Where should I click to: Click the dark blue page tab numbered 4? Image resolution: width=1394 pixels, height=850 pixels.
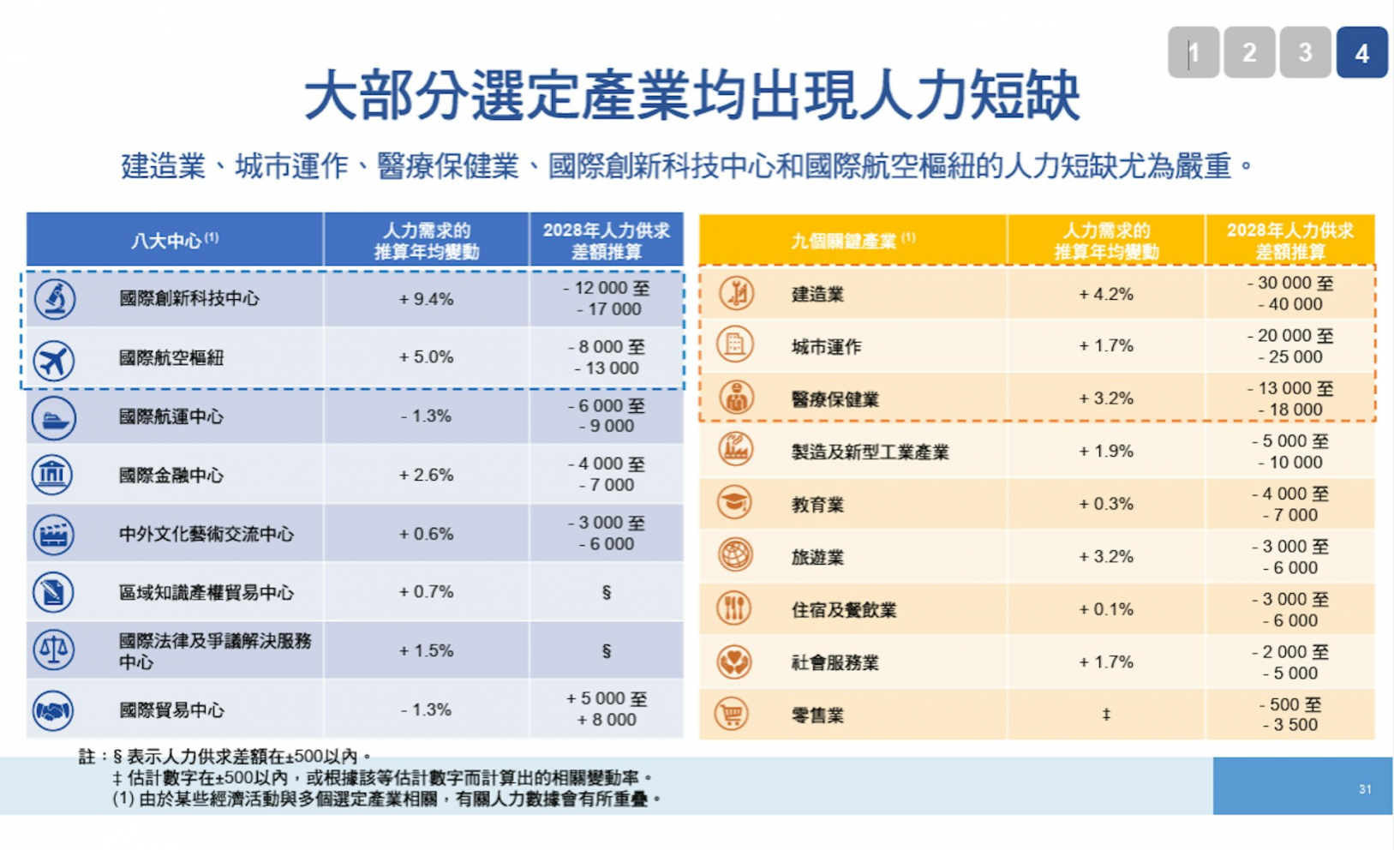point(1361,52)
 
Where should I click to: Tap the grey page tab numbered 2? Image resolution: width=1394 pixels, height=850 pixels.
point(1249,52)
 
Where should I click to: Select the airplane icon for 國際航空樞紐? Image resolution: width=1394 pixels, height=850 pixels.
point(53,360)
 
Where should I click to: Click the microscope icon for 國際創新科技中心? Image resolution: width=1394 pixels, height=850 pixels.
point(55,299)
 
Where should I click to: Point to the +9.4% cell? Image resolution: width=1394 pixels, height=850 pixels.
point(427,299)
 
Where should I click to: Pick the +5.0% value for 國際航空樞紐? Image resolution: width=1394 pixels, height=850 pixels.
point(427,357)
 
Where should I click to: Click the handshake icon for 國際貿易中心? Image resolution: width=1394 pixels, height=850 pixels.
point(53,710)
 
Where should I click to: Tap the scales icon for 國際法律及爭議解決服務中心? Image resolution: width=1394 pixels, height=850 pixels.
point(53,650)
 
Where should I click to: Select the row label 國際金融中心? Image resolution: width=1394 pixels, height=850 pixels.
point(171,476)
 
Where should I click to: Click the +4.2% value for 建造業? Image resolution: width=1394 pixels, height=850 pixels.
point(1106,294)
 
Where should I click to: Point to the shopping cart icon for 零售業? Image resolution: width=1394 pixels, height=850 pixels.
point(733,714)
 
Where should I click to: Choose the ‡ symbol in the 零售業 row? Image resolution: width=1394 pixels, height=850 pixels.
point(1106,715)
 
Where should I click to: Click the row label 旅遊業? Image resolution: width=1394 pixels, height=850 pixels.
point(817,558)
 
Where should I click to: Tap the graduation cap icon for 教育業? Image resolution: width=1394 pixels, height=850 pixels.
point(734,502)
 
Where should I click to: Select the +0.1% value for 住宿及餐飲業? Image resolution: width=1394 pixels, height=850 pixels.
point(1106,609)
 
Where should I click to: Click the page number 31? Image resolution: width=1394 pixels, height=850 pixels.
point(1365,790)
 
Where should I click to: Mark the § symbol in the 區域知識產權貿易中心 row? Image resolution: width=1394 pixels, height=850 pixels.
point(606,592)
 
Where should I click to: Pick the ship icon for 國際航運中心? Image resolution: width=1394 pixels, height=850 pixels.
point(53,418)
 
